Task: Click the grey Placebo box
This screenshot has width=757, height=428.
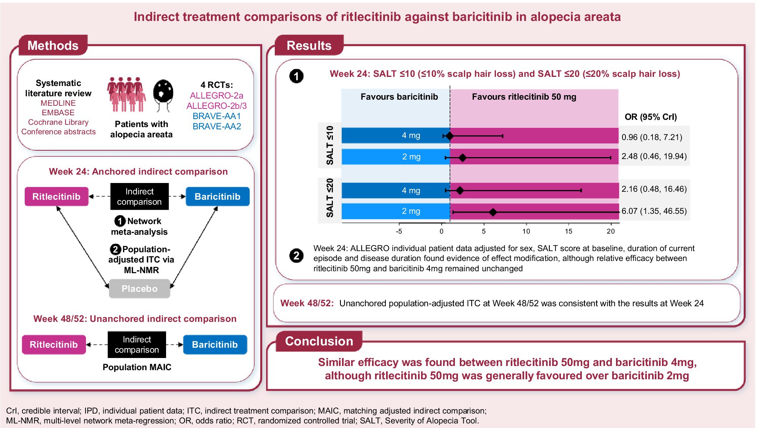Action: point(139,289)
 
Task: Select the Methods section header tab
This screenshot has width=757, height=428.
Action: point(53,46)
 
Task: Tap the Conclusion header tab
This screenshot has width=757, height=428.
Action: point(319,341)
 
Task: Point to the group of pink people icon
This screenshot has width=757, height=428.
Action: point(126,94)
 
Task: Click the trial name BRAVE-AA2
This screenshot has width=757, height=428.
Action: point(217,126)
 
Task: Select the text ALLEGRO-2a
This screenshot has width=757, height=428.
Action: point(217,95)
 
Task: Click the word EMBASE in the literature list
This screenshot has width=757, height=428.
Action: point(58,113)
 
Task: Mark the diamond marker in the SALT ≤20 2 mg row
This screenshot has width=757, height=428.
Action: point(493,212)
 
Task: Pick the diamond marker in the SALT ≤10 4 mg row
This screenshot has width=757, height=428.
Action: point(450,136)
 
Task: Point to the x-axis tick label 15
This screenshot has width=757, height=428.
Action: point(568,231)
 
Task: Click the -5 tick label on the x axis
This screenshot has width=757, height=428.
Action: point(399,231)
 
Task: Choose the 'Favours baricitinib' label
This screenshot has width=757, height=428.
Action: point(399,97)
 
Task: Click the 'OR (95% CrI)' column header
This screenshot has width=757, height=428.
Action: point(651,117)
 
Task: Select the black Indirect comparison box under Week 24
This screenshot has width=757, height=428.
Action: point(139,197)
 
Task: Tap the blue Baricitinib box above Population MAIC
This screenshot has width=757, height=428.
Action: point(215,345)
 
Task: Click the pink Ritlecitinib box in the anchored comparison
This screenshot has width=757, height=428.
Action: point(56,197)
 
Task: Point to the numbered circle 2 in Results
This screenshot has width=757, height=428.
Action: point(296,256)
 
